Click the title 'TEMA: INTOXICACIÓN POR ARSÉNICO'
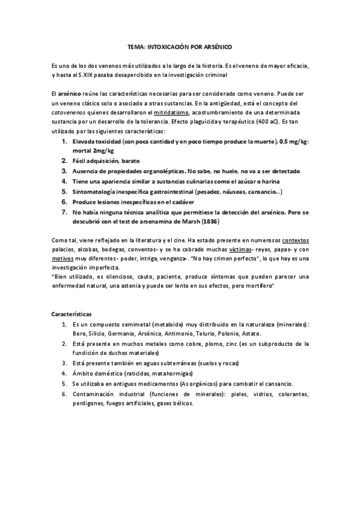pos(180,46)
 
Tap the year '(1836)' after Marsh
pos(210,221)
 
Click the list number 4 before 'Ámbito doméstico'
pos(64,372)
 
